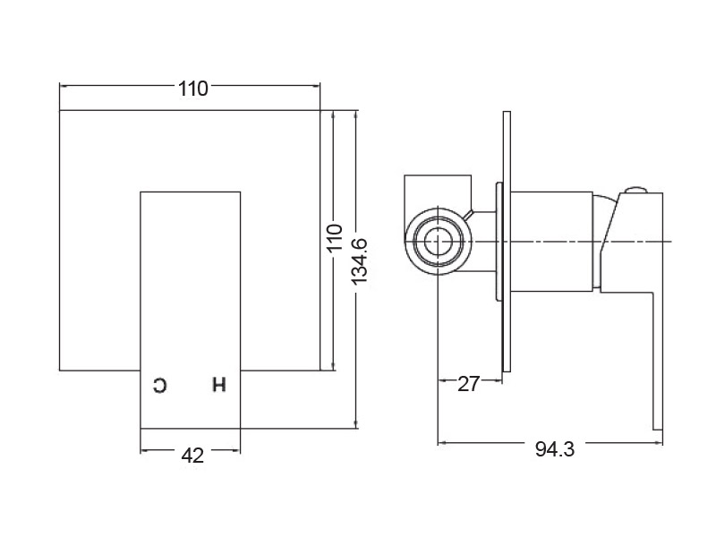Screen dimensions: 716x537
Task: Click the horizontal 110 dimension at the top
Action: tap(193, 89)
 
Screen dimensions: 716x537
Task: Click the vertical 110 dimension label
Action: tap(336, 236)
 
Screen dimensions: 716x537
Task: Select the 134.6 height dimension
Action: tap(360, 260)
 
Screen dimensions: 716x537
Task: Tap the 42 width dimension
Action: tap(192, 456)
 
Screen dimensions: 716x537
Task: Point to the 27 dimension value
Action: tap(468, 384)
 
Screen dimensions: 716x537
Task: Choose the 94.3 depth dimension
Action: tap(555, 449)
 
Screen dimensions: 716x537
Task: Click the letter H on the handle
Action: tap(219, 385)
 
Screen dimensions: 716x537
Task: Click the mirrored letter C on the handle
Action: tap(160, 386)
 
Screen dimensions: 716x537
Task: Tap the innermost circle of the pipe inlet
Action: tap(438, 241)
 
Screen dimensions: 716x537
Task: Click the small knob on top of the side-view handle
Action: tap(637, 190)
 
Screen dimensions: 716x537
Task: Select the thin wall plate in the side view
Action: tap(507, 242)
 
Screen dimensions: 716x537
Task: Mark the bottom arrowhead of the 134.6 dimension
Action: tap(356, 423)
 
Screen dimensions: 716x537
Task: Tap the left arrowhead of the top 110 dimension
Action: tap(64, 85)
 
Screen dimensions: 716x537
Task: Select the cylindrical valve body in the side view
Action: tap(551, 242)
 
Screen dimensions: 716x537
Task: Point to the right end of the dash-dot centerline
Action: tap(671, 241)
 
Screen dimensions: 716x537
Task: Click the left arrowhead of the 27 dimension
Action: tap(443, 379)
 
